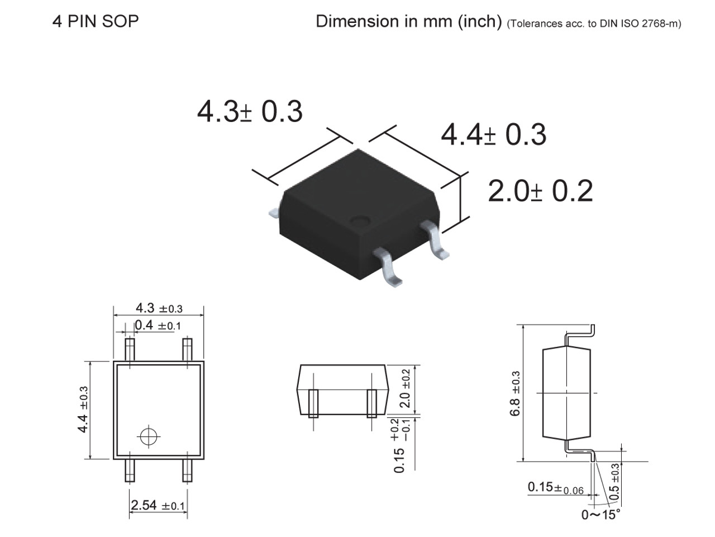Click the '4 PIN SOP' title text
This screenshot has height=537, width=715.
[96, 21]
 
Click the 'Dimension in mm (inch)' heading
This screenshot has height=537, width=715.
[408, 21]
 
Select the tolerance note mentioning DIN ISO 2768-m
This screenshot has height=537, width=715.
[594, 23]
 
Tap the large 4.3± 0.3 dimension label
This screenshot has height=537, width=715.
[250, 111]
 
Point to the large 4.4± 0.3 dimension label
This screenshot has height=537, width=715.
[494, 134]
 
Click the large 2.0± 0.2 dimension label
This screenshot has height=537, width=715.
[540, 191]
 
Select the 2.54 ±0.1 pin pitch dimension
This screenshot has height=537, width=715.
[158, 506]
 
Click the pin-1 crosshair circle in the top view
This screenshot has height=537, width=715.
[149, 436]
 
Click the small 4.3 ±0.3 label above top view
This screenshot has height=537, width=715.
[159, 308]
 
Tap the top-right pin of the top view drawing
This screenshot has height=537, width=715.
[188, 350]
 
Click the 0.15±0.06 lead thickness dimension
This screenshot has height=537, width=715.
[555, 488]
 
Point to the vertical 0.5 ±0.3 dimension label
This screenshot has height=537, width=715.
[614, 482]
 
